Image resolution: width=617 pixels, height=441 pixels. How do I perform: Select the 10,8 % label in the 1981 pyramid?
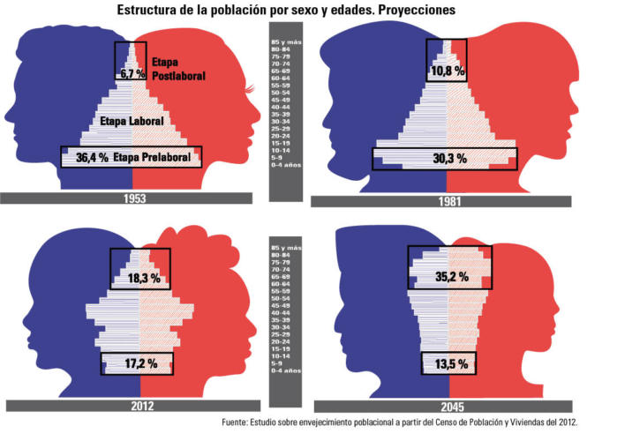point(448,70)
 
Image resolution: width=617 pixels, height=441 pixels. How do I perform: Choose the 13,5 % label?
point(450,363)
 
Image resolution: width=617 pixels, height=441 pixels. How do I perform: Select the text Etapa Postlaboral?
point(177,71)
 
